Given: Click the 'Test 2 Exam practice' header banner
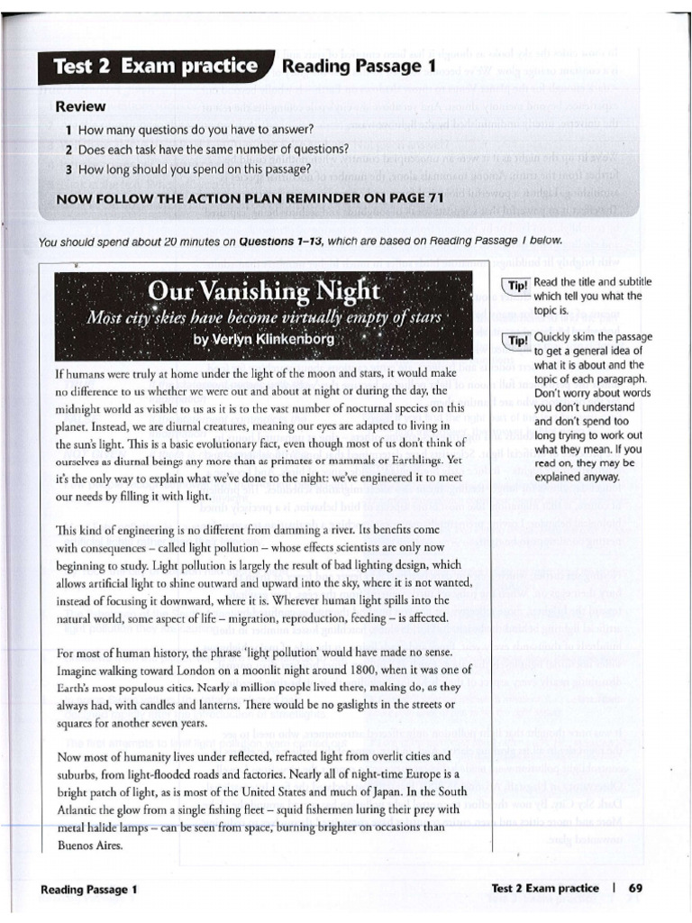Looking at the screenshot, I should pos(154,67).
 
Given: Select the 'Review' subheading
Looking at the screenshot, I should pos(81,106).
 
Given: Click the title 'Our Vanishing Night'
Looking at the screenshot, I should pos(265,292).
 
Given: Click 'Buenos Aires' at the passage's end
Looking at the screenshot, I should pos(88,847).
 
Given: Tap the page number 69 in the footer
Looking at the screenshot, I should pos(635,888).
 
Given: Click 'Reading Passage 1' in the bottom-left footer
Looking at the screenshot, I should pos(89,889).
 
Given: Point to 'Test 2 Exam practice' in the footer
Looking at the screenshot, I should pos(544,888).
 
